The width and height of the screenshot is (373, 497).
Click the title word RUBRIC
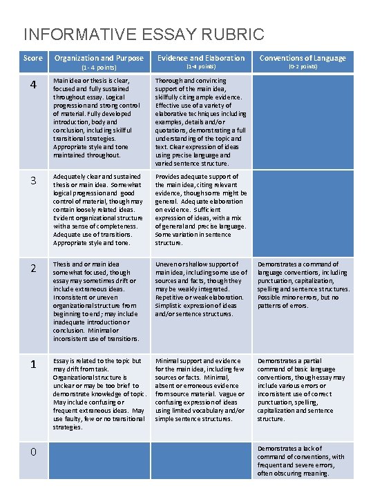coord(229,34)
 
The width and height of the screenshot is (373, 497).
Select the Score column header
coord(32,58)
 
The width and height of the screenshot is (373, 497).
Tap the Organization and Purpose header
coord(99,58)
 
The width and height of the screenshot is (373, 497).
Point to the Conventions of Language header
coord(303,58)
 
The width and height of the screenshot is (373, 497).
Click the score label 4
coord(32,86)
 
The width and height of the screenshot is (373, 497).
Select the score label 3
coord(32,182)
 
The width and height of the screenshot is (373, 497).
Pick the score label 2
coord(32,269)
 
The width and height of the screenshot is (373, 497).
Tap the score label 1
coord(32,364)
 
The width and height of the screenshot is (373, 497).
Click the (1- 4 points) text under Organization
coord(99,68)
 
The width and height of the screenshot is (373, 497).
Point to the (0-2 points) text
coord(303,67)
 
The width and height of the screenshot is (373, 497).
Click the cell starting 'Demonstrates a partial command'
coord(301,389)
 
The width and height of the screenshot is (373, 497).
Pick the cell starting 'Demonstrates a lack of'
coord(301,460)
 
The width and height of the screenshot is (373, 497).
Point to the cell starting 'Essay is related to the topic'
coord(99,393)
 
